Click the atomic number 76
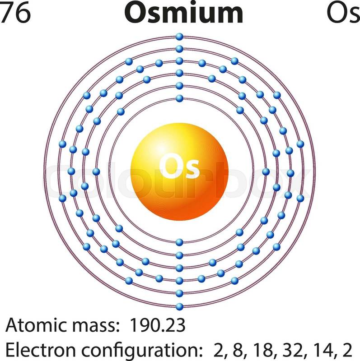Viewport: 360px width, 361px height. pos(15,13)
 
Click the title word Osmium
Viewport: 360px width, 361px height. pos(184,13)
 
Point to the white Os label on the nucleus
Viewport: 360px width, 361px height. pos(179,167)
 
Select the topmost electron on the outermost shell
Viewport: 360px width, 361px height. pos(179,37)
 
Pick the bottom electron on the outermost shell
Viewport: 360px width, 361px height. pos(179,306)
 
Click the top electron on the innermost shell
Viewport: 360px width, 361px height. pos(179,98)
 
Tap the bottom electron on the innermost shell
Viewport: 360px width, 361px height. pos(179,242)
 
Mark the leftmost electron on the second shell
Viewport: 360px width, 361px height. pos(96,171)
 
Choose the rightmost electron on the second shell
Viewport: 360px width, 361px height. pos(266,171)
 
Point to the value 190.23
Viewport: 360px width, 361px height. pos(158,325)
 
